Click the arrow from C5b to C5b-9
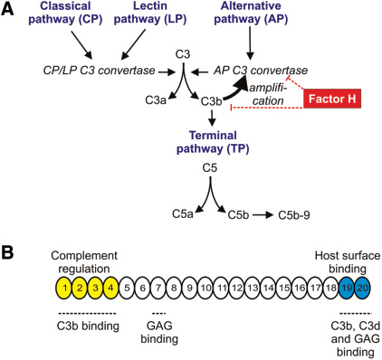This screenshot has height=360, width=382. pyautogui.click(x=236, y=213)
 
